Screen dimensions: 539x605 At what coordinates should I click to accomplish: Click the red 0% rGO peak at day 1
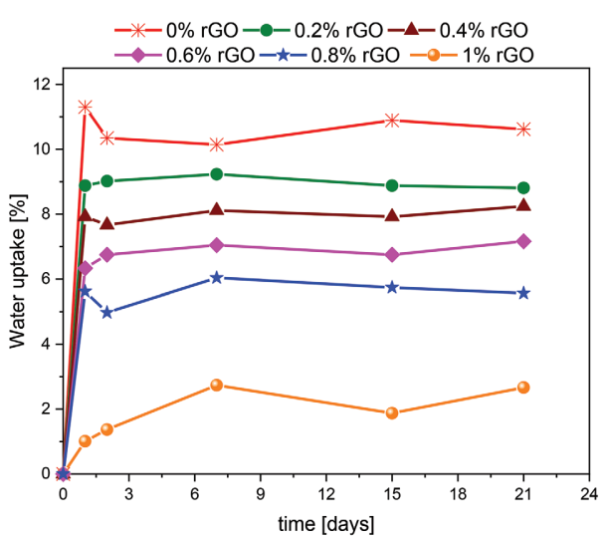pos(86,107)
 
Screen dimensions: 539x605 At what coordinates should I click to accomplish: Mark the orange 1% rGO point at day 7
pos(217,385)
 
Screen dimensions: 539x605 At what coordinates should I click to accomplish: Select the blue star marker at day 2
pos(107,313)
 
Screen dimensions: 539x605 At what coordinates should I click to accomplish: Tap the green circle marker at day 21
pos(523,188)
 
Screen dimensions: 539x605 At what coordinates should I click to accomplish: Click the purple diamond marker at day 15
pos(392,254)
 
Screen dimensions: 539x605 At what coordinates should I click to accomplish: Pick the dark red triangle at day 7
pos(217,210)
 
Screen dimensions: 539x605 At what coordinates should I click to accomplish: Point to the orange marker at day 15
pos(392,412)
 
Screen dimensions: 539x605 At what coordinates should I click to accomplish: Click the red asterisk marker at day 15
pos(392,121)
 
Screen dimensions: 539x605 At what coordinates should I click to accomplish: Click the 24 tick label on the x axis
pos(589,493)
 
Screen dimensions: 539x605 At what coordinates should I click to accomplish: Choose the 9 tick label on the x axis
pos(261,493)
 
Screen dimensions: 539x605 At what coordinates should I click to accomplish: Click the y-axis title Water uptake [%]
pos(18,279)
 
